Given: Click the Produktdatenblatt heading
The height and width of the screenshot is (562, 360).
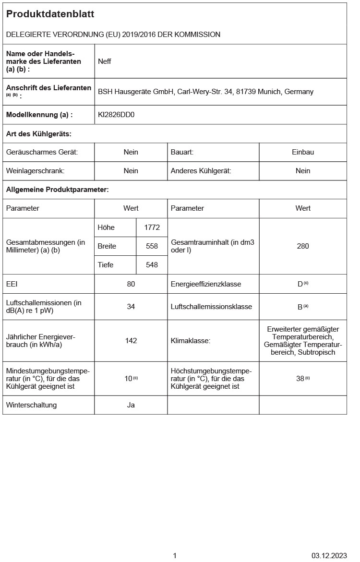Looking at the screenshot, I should (50, 14).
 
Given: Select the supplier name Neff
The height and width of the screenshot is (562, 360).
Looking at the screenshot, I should (105, 61).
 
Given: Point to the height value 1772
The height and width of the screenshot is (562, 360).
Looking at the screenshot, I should (152, 227).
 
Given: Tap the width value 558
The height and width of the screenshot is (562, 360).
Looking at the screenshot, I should (152, 246).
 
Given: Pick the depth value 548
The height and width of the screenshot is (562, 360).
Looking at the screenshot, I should (152, 265).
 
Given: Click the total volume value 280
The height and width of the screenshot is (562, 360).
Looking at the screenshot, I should (303, 246).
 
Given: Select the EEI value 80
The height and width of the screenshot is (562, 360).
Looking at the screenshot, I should (131, 284).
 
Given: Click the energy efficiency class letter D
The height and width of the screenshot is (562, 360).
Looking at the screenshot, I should (300, 284).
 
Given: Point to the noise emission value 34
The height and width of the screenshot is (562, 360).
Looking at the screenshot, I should (131, 307).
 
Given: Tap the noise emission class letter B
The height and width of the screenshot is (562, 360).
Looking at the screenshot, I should (300, 307).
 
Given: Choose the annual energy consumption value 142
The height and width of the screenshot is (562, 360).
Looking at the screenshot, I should (131, 341).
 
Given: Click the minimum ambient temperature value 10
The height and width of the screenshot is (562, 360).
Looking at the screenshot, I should (128, 378).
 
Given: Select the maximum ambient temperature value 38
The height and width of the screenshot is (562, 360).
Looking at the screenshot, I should (300, 378).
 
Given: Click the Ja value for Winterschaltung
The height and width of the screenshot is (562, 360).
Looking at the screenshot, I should (131, 405).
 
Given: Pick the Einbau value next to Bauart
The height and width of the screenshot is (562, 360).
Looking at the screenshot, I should (303, 152).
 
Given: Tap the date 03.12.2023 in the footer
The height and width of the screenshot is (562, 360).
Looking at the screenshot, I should (329, 556).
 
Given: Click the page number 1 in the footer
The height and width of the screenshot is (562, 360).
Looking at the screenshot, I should (175, 556).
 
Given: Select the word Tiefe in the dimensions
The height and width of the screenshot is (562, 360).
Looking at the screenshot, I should (106, 265).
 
